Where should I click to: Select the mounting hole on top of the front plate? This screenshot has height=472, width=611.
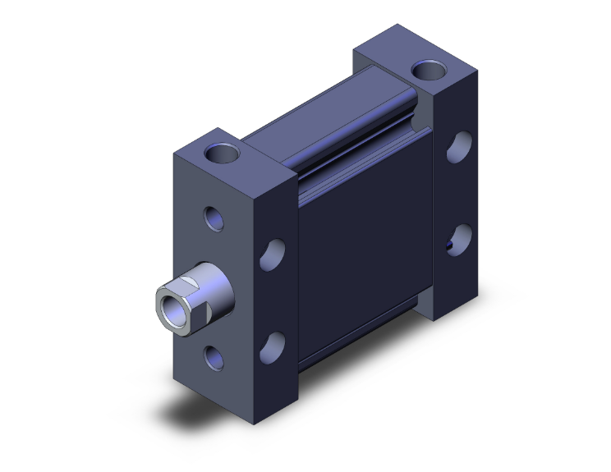pos(223,152)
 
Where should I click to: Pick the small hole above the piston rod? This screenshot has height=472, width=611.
pos(214,218)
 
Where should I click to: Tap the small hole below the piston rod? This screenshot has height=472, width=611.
pos(214,355)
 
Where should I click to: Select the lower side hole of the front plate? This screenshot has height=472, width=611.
pos(273,346)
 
